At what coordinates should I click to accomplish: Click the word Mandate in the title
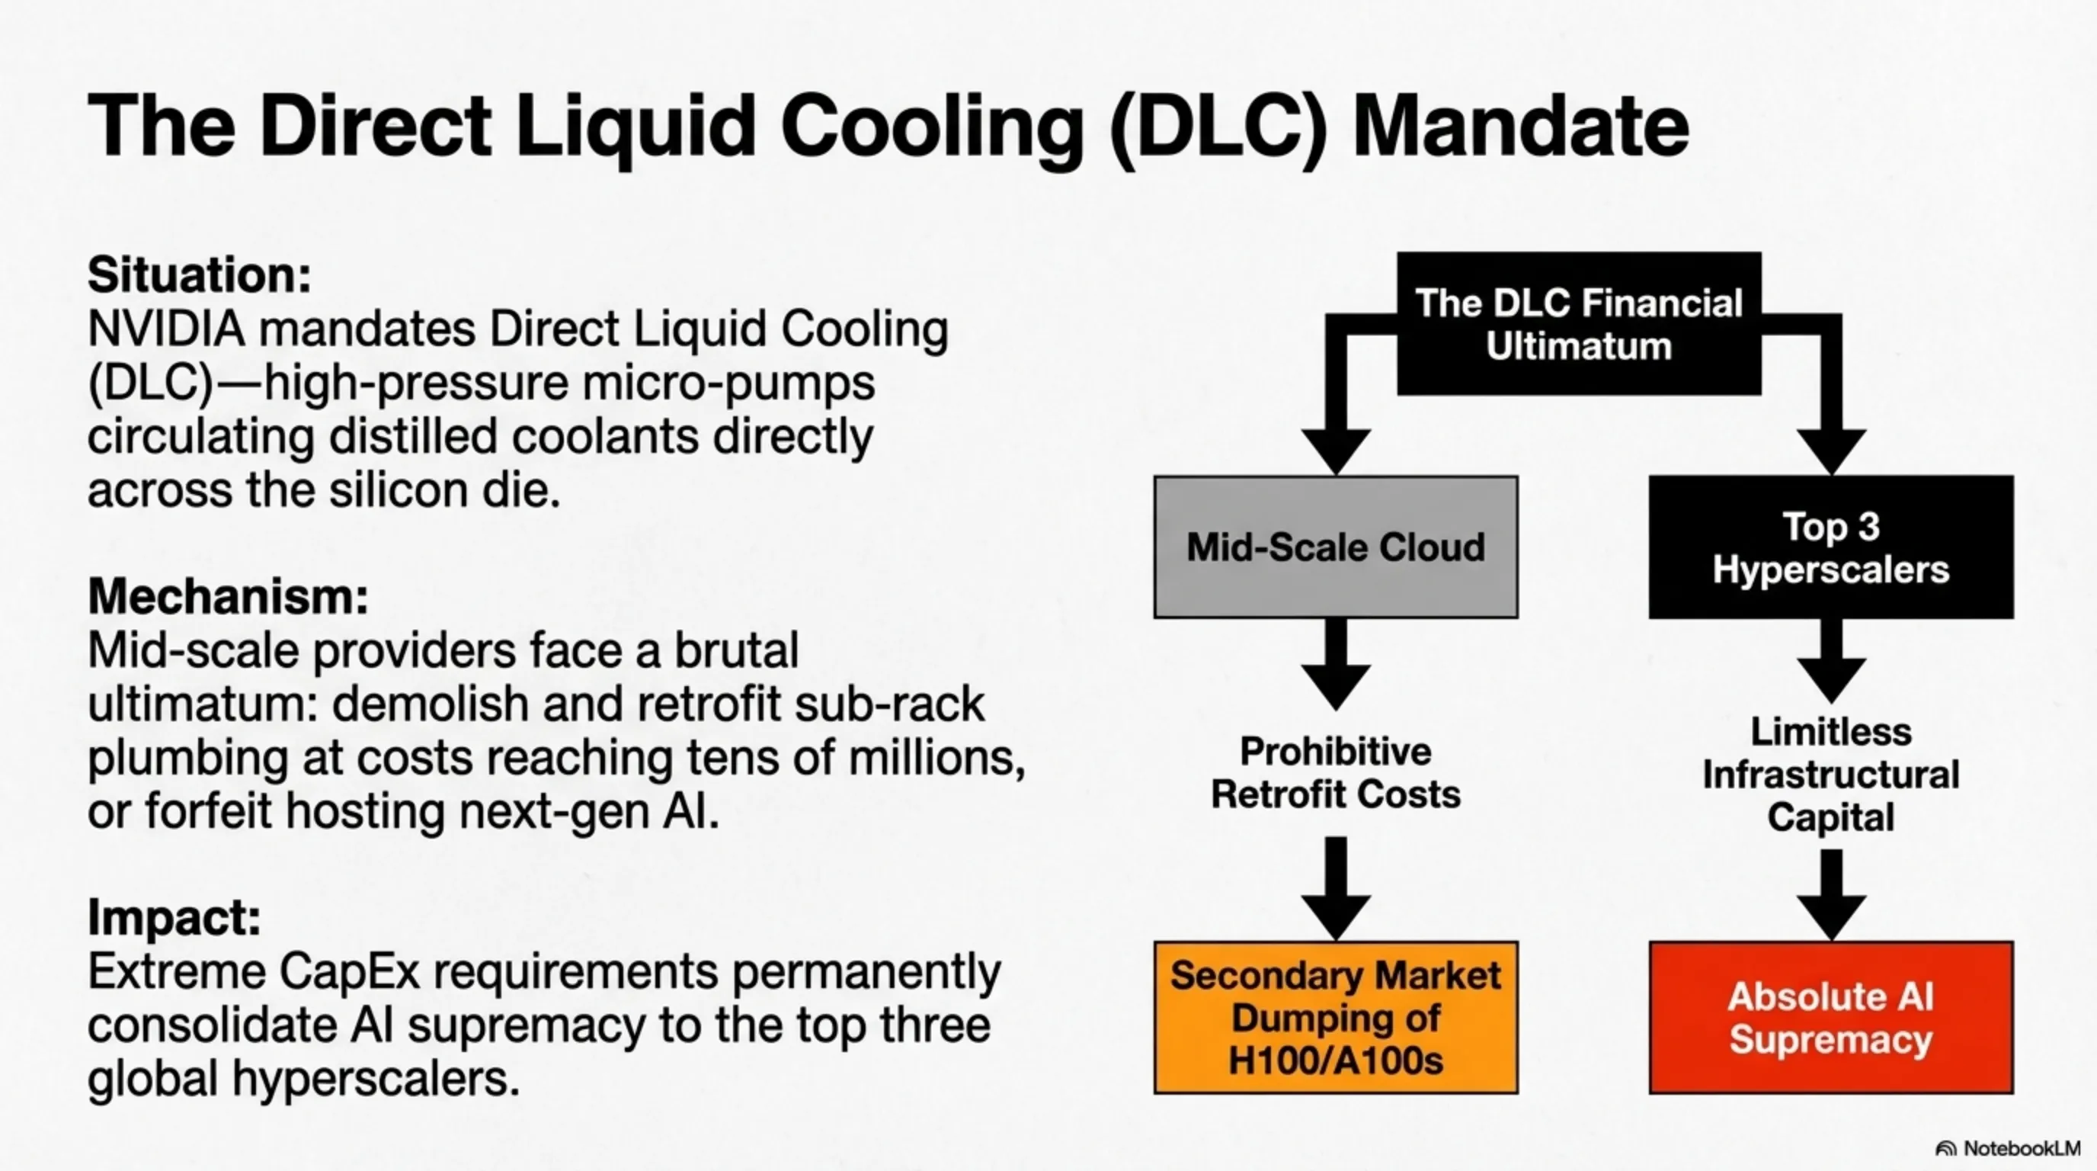(x=1520, y=127)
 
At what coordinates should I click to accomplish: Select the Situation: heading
(x=200, y=274)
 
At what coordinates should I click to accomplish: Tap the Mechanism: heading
(x=228, y=596)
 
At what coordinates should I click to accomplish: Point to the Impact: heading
(x=174, y=917)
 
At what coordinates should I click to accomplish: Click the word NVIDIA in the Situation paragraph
(x=166, y=330)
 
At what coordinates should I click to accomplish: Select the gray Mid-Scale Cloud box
(x=1335, y=547)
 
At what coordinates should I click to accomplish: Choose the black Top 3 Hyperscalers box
(x=1831, y=547)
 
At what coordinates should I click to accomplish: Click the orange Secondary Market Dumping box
(x=1335, y=1017)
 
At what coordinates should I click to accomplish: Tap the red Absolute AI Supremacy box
(x=1831, y=1017)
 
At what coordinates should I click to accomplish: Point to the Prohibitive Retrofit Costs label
(x=1335, y=772)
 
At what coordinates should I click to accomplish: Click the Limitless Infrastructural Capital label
(x=1831, y=774)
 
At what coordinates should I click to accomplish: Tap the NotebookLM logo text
(x=2022, y=1148)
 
